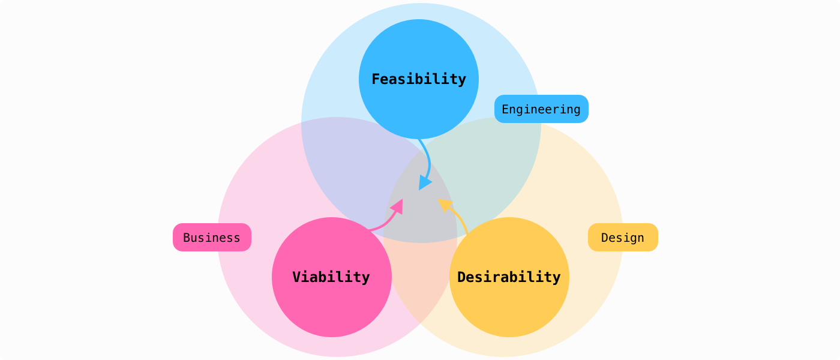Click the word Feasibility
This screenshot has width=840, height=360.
pos(419,79)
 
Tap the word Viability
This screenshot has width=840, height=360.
pos(331,277)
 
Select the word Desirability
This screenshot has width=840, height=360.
pos(509,277)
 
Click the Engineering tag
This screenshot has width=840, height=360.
pos(541,109)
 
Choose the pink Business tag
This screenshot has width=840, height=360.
pos(212,238)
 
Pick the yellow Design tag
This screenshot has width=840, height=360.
pos(623,238)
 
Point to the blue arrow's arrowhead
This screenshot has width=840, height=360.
pos(424,182)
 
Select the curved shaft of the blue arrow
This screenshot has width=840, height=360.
pos(428,159)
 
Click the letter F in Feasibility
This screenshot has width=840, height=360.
pos(376,79)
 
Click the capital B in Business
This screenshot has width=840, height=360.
pos(187,238)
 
